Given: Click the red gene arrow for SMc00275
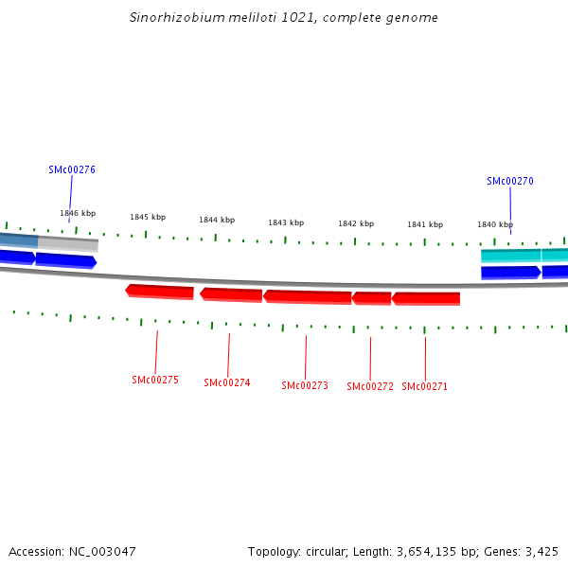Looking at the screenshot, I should (160, 291).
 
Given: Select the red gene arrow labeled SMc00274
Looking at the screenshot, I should (231, 294).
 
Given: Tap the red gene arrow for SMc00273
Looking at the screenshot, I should (308, 296).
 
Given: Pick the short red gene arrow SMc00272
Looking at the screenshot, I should (372, 298).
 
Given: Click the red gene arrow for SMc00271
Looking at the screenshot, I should (426, 298).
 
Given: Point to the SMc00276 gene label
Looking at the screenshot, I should (72, 170).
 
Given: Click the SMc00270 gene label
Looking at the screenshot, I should (510, 181).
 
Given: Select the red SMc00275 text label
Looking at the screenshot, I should (155, 380).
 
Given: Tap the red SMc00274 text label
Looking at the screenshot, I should (227, 382).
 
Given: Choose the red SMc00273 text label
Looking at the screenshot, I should (305, 385).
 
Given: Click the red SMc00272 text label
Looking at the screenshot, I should (370, 386).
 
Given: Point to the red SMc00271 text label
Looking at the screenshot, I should (425, 386).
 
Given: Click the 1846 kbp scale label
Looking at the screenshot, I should (78, 214).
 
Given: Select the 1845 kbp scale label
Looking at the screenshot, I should (148, 217).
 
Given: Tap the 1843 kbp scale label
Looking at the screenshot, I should (286, 222).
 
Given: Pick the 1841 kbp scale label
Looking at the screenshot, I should (425, 224).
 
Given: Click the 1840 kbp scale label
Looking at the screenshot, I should (495, 224).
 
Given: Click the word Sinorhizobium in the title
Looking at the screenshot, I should (169, 18).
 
